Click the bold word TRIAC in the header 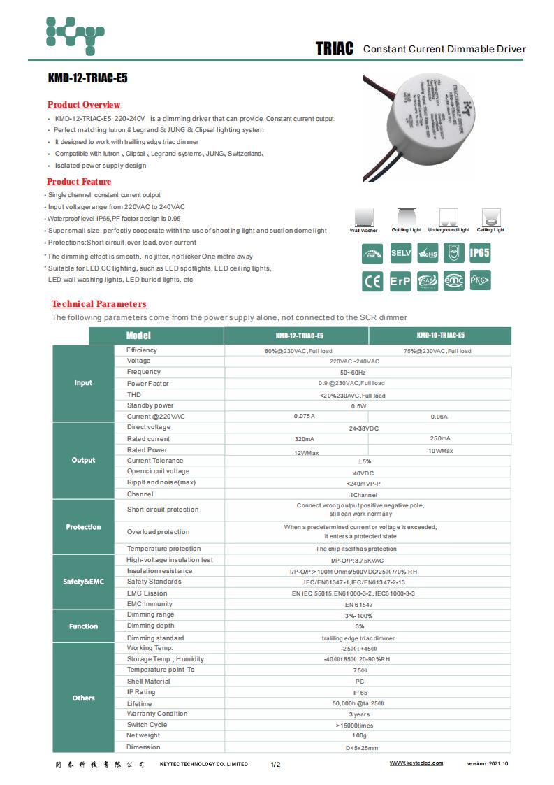[x=335, y=48]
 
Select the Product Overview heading [x=84, y=104]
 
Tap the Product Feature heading [x=79, y=182]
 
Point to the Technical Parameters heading [x=99, y=304]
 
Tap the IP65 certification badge [x=479, y=254]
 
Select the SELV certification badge [x=400, y=254]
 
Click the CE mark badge [x=372, y=281]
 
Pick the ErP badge [x=400, y=281]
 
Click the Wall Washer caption [x=364, y=230]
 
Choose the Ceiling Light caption [x=490, y=230]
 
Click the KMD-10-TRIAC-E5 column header [x=439, y=336]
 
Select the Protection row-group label [x=83, y=527]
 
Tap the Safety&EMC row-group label [x=83, y=582]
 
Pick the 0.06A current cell [x=439, y=417]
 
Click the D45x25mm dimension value [x=361, y=748]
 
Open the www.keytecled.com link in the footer [x=416, y=763]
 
